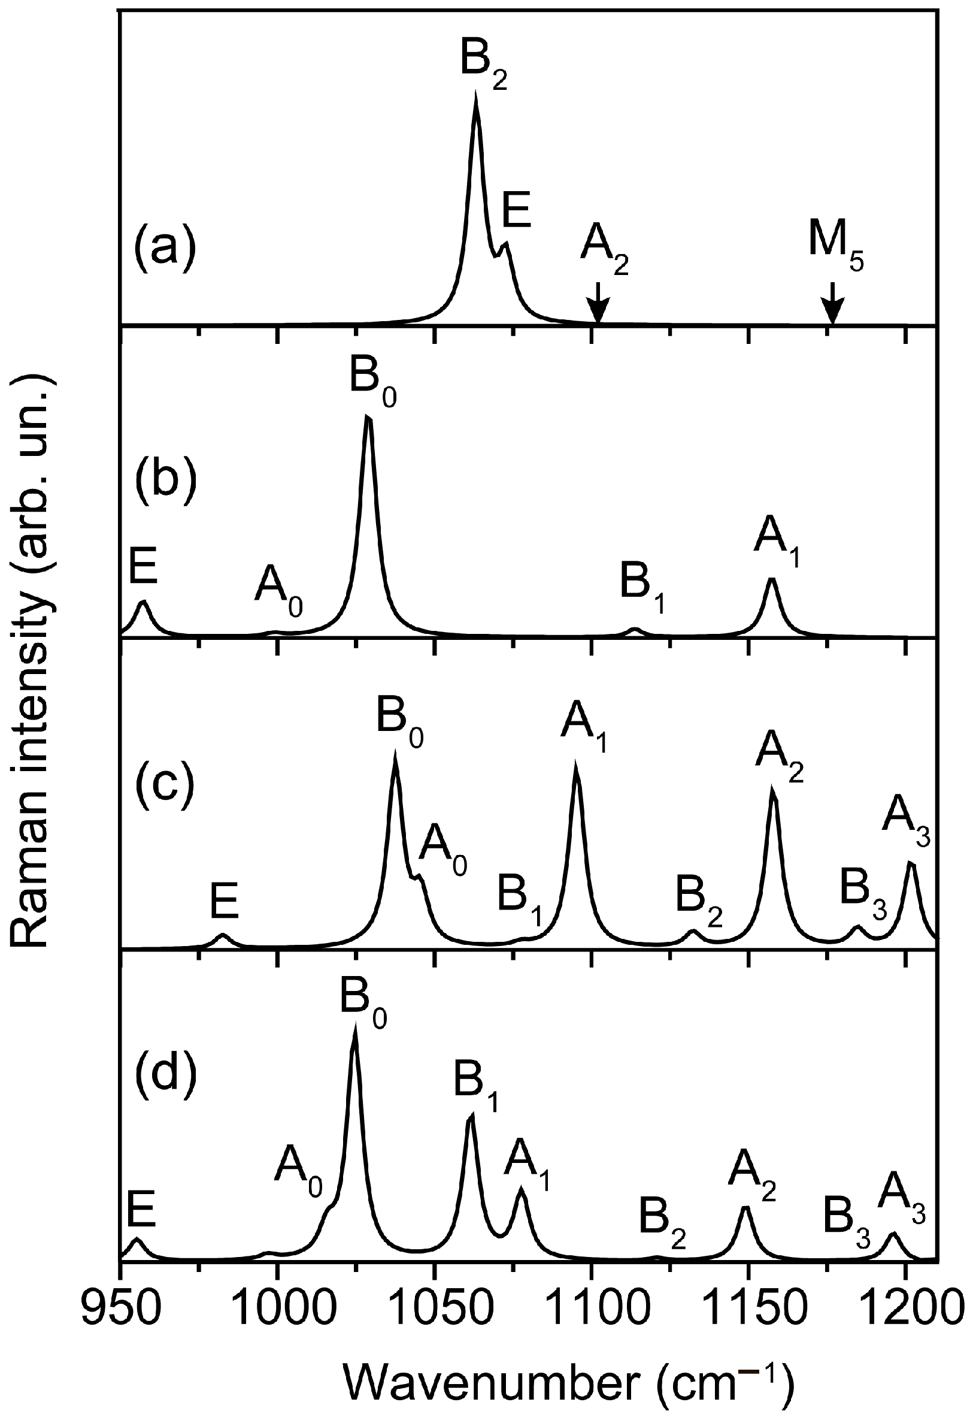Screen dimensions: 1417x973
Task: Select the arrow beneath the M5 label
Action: click(x=832, y=303)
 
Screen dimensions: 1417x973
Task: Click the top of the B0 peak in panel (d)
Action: click(x=355, y=1026)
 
